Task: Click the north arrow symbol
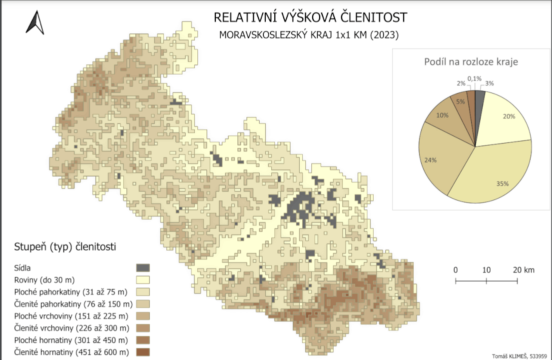click(35, 23)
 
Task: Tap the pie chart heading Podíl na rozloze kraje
click(471, 62)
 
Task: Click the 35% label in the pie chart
click(502, 183)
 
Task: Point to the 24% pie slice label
click(431, 160)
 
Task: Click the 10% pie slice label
click(442, 114)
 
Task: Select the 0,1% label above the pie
click(474, 78)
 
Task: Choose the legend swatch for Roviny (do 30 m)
click(143, 279)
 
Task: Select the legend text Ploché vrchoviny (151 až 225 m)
click(70, 316)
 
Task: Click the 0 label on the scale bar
click(456, 270)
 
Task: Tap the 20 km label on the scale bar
click(524, 270)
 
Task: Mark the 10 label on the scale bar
click(486, 270)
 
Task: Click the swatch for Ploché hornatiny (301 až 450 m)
click(143, 340)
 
